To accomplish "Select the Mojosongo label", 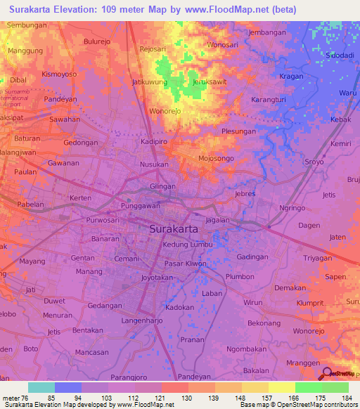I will (216, 159).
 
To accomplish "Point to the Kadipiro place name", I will (155, 141).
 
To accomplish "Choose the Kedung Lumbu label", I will (187, 244).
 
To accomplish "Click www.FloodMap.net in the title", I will (224, 9).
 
